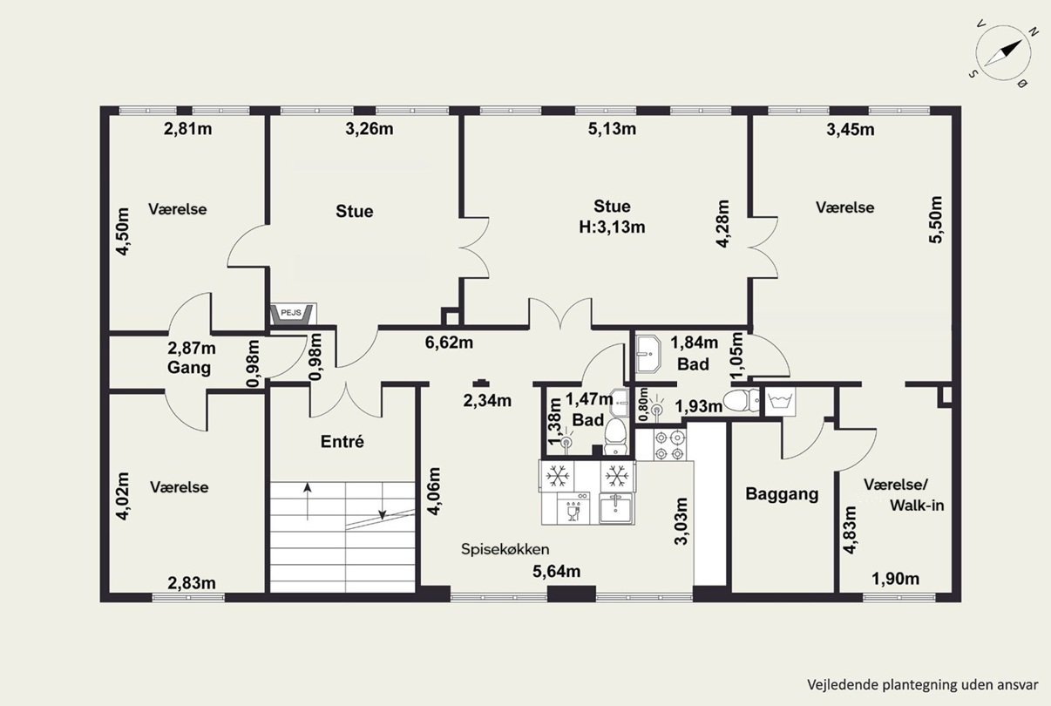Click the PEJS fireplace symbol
click(293, 314)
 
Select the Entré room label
click(342, 441)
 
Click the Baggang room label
click(782, 494)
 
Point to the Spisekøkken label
click(505, 549)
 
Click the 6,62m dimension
click(449, 343)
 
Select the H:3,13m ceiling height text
click(612, 227)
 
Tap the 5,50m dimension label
click(936, 220)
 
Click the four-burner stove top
click(669, 445)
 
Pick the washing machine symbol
click(780, 402)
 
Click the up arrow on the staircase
click(308, 501)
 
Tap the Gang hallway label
click(188, 368)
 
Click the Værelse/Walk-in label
click(904, 495)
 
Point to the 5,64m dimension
click(557, 571)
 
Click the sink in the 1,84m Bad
click(648, 355)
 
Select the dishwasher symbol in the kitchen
click(573, 508)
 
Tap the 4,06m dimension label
click(435, 491)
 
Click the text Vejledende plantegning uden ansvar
click(923, 684)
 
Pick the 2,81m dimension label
click(187, 129)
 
